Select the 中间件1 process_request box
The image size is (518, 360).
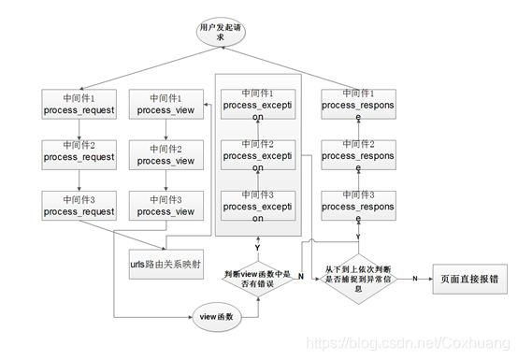pos(79,104)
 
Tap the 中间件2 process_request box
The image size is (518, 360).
pos(79,152)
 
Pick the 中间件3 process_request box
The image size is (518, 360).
pos(79,205)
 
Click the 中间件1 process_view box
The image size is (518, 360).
pos(166,104)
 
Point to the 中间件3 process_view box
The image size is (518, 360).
pos(166,205)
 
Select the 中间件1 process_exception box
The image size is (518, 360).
pos(258,105)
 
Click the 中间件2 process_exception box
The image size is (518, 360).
pos(258,153)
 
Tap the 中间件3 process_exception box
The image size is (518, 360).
pos(258,205)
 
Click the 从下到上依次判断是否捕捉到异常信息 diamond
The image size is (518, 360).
pos(358,279)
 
